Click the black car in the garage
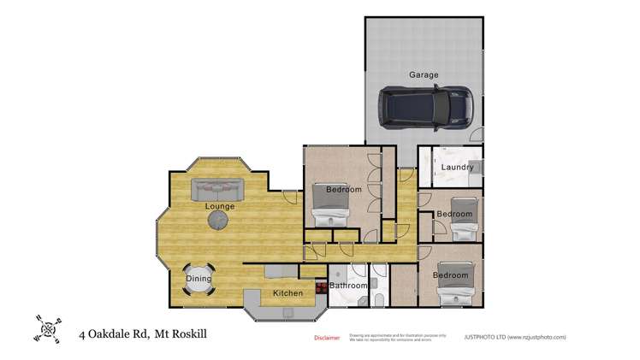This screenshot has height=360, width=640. (424, 107)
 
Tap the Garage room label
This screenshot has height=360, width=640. (423, 75)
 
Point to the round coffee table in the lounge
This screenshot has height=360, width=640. (219, 220)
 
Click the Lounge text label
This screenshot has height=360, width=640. (219, 206)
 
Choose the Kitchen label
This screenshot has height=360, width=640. (287, 294)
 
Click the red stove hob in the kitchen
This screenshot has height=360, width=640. (322, 288)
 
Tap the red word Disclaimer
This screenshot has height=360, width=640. (327, 338)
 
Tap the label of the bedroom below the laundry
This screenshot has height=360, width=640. (454, 214)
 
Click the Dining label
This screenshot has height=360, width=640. (199, 279)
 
